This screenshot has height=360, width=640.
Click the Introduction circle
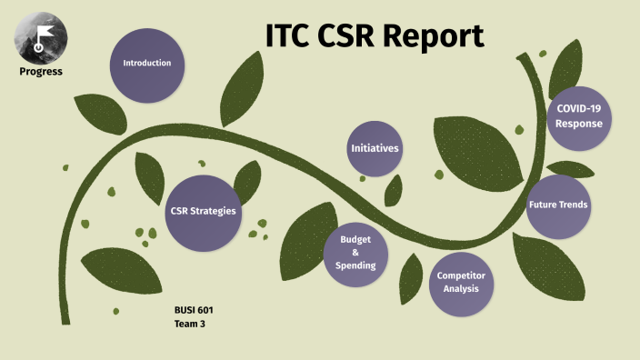(x=154, y=64)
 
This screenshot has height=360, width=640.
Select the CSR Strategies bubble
(x=203, y=211)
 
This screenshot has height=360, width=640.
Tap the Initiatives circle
(x=375, y=148)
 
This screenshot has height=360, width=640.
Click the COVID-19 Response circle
(x=579, y=115)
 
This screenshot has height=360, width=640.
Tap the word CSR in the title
(x=355, y=35)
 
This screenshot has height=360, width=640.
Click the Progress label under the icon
(x=41, y=71)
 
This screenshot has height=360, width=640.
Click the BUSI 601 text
(x=194, y=310)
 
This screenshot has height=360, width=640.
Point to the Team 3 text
(x=190, y=324)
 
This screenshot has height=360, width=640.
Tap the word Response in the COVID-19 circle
(x=579, y=123)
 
